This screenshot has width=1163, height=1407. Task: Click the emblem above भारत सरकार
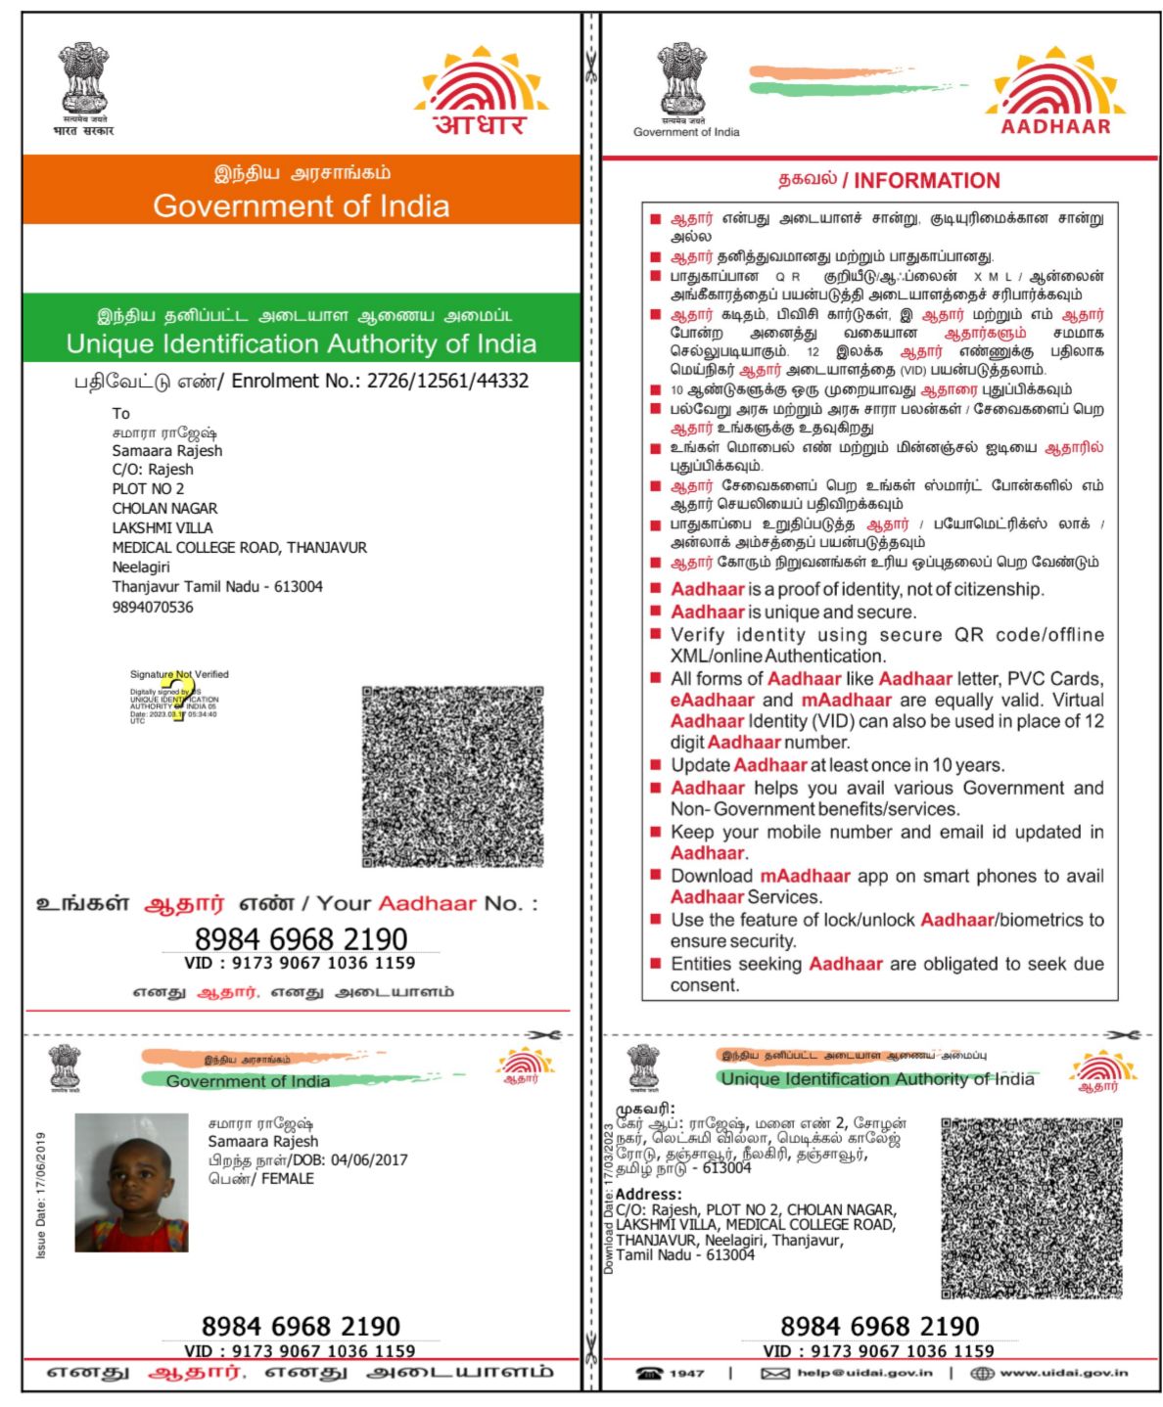coord(83,78)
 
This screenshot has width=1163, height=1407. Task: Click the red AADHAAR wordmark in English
coord(1055,126)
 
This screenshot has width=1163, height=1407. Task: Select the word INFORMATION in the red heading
coord(926,181)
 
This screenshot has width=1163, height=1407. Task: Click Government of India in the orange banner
coord(302,206)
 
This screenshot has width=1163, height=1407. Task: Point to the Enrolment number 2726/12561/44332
coord(447,381)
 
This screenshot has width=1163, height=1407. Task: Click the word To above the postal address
coord(120,413)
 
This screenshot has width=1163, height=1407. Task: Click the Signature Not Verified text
coord(179,674)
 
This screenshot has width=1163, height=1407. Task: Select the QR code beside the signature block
coord(452,777)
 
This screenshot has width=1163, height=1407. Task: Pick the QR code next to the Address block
coord(1031,1208)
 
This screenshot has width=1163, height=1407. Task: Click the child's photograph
coord(131,1182)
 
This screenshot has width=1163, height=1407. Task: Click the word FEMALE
coord(287,1179)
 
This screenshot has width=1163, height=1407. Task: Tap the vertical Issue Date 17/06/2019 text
coord(41,1196)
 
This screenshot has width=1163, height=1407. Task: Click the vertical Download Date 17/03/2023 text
coord(608,1199)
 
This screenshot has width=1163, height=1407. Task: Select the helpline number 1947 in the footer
coord(686,1373)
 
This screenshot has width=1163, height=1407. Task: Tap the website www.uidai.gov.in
coord(1063,1373)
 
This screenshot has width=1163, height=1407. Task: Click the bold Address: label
coord(648,1195)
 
